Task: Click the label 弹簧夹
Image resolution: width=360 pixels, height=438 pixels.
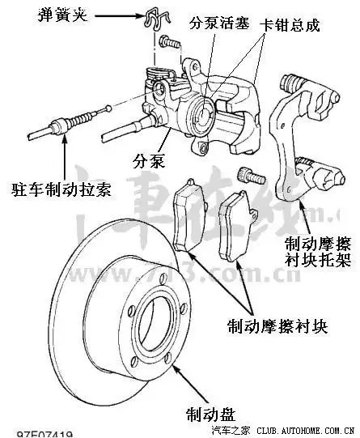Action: tap(57, 15)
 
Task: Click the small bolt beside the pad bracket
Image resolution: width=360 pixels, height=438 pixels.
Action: tap(248, 175)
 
